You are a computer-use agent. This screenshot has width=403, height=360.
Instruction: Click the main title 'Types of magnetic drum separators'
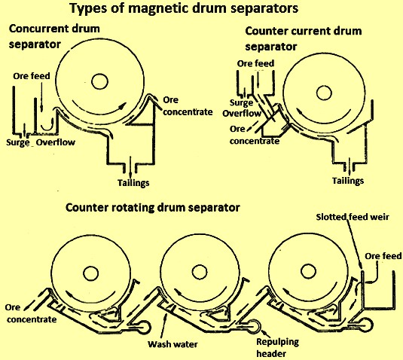point(184,8)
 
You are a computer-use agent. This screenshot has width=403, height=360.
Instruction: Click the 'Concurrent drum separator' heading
point(54,36)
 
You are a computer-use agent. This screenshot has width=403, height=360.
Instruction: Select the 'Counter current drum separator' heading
point(304,39)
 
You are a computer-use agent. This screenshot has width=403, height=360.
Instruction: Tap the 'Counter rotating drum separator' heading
point(153,207)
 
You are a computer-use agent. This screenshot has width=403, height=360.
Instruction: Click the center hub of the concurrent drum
point(99,81)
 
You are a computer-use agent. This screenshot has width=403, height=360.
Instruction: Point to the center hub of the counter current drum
point(324,93)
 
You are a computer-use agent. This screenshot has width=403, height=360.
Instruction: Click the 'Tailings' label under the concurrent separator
point(133,183)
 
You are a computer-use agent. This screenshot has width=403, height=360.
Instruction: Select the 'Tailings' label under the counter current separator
point(348,181)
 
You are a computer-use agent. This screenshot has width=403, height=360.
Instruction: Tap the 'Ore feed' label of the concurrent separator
point(32,76)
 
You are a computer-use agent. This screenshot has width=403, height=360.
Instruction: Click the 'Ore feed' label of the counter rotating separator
point(383,256)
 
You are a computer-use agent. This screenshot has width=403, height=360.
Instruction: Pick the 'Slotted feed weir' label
point(353,217)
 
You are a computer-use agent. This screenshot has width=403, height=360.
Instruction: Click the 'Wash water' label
point(172,344)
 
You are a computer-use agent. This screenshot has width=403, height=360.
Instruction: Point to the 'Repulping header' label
point(277,348)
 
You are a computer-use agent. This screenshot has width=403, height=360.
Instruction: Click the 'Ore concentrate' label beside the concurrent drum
point(188,106)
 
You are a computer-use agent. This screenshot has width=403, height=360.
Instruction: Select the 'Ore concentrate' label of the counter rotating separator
point(31,313)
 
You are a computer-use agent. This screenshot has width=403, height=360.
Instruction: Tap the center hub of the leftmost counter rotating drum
point(90,273)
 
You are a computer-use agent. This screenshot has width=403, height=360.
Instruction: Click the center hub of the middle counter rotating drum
point(200,272)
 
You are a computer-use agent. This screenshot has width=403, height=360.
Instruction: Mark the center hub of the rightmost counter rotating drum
point(308,271)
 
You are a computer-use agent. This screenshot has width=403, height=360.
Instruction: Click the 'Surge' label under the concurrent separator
point(18,142)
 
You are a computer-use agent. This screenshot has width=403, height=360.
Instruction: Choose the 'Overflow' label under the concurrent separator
point(56,142)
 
